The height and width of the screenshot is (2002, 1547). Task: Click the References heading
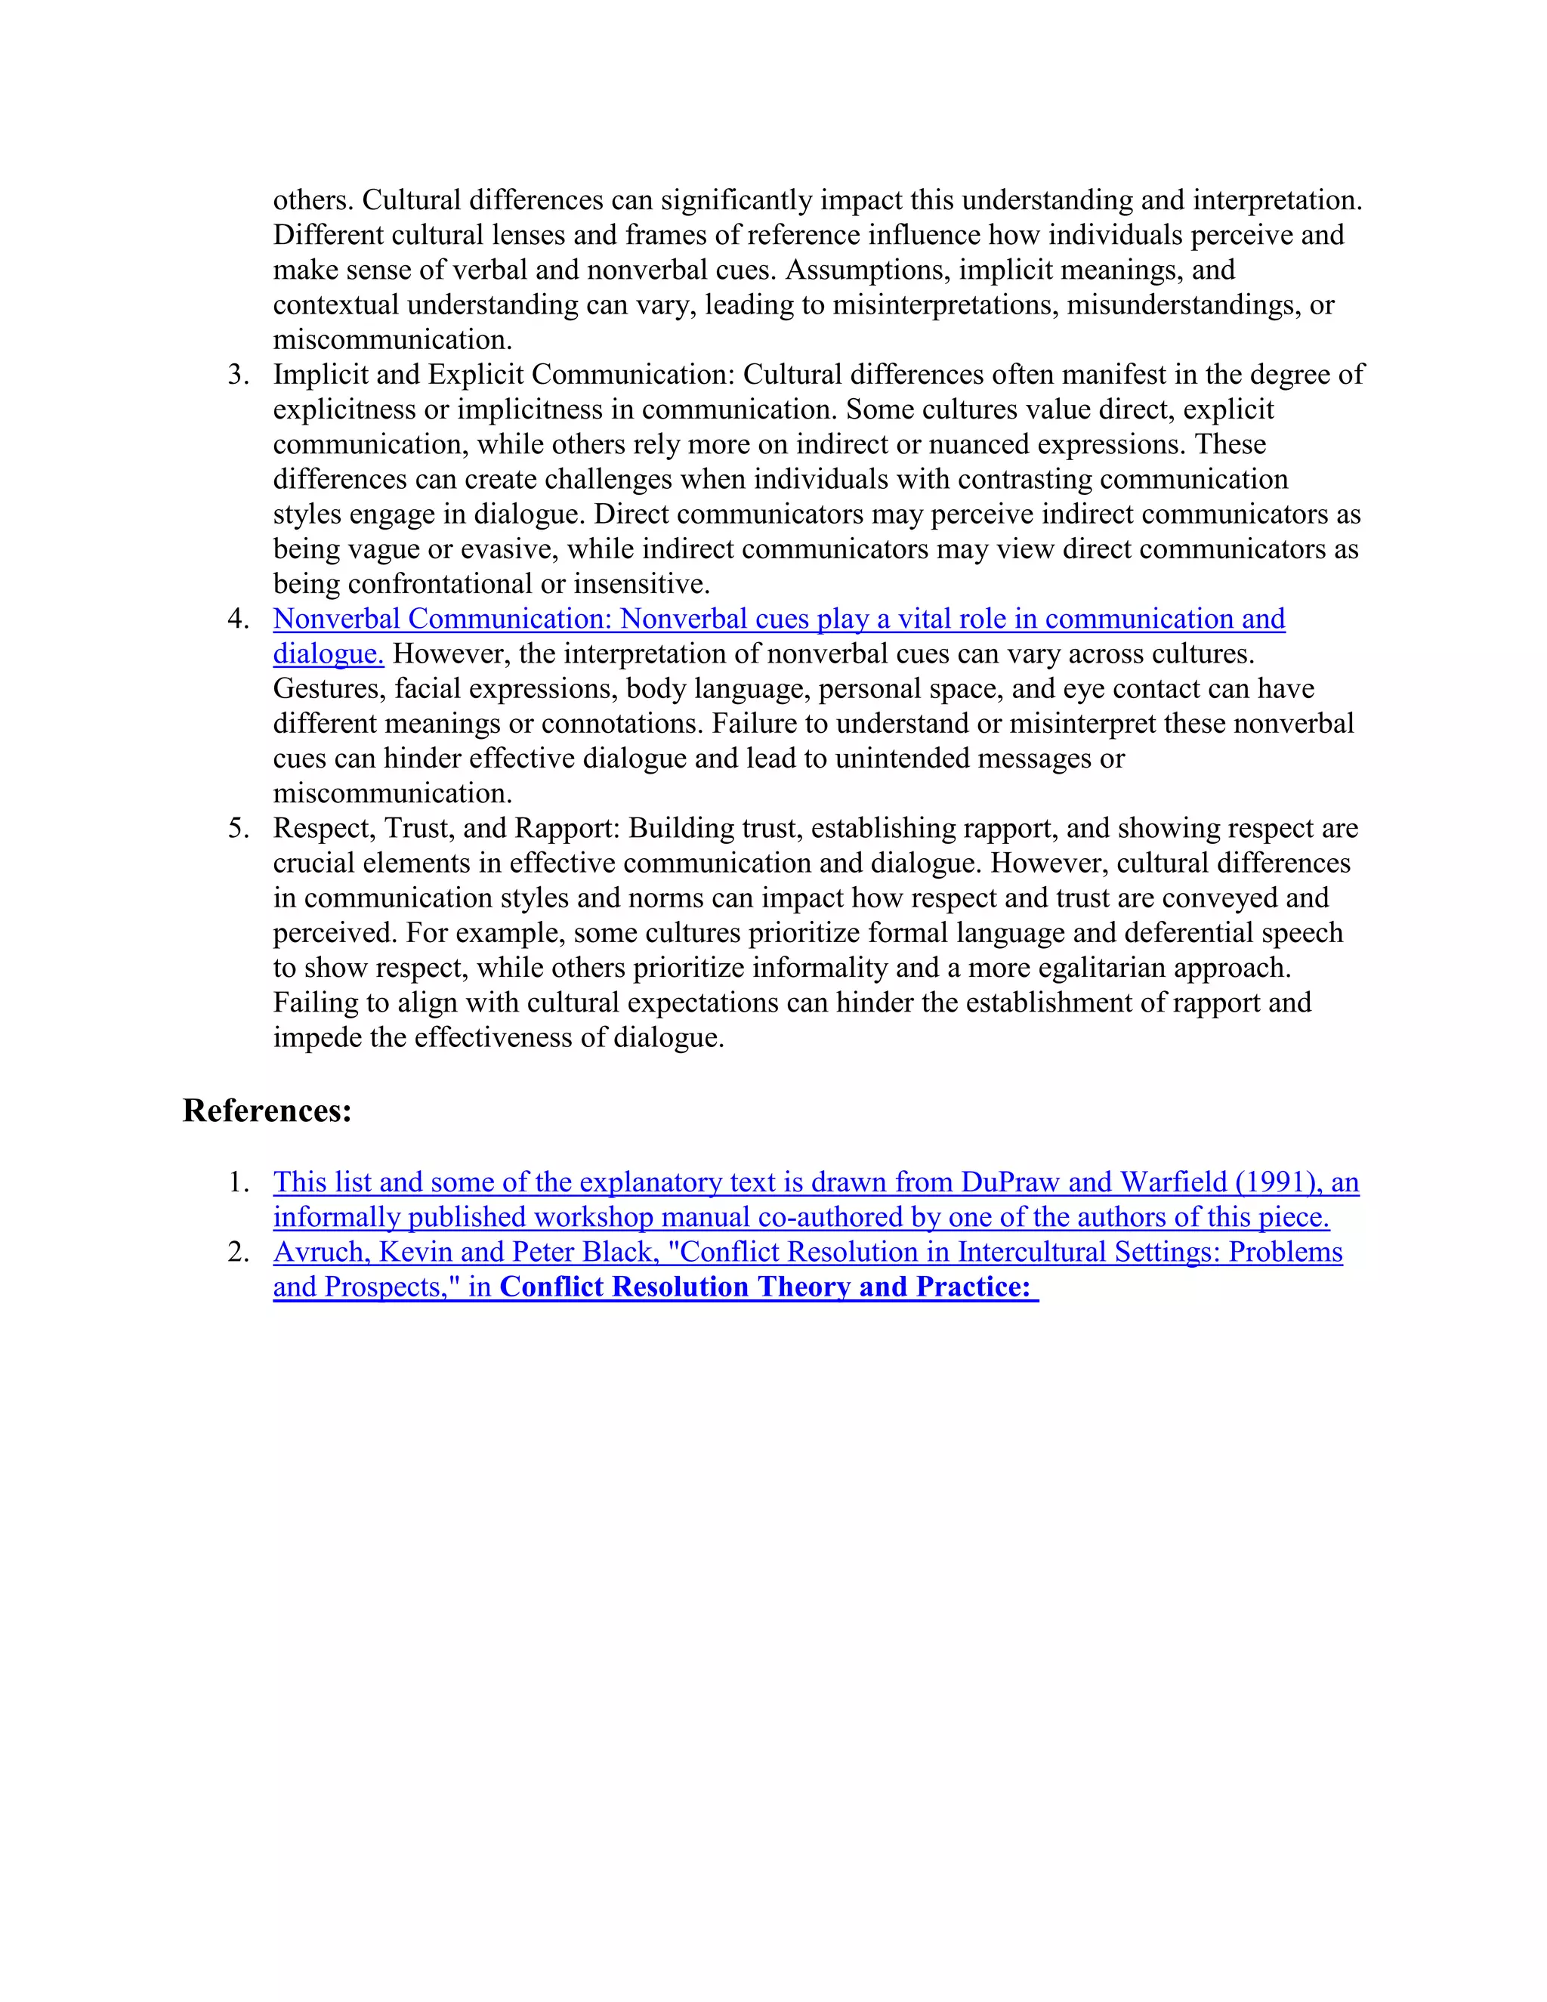(x=267, y=1111)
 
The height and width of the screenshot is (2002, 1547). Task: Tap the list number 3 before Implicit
(x=238, y=375)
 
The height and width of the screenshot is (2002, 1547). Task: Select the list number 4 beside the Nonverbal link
(x=238, y=619)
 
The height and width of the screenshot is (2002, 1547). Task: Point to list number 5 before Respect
(x=238, y=829)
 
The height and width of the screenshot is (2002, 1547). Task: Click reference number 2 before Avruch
(x=238, y=1252)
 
